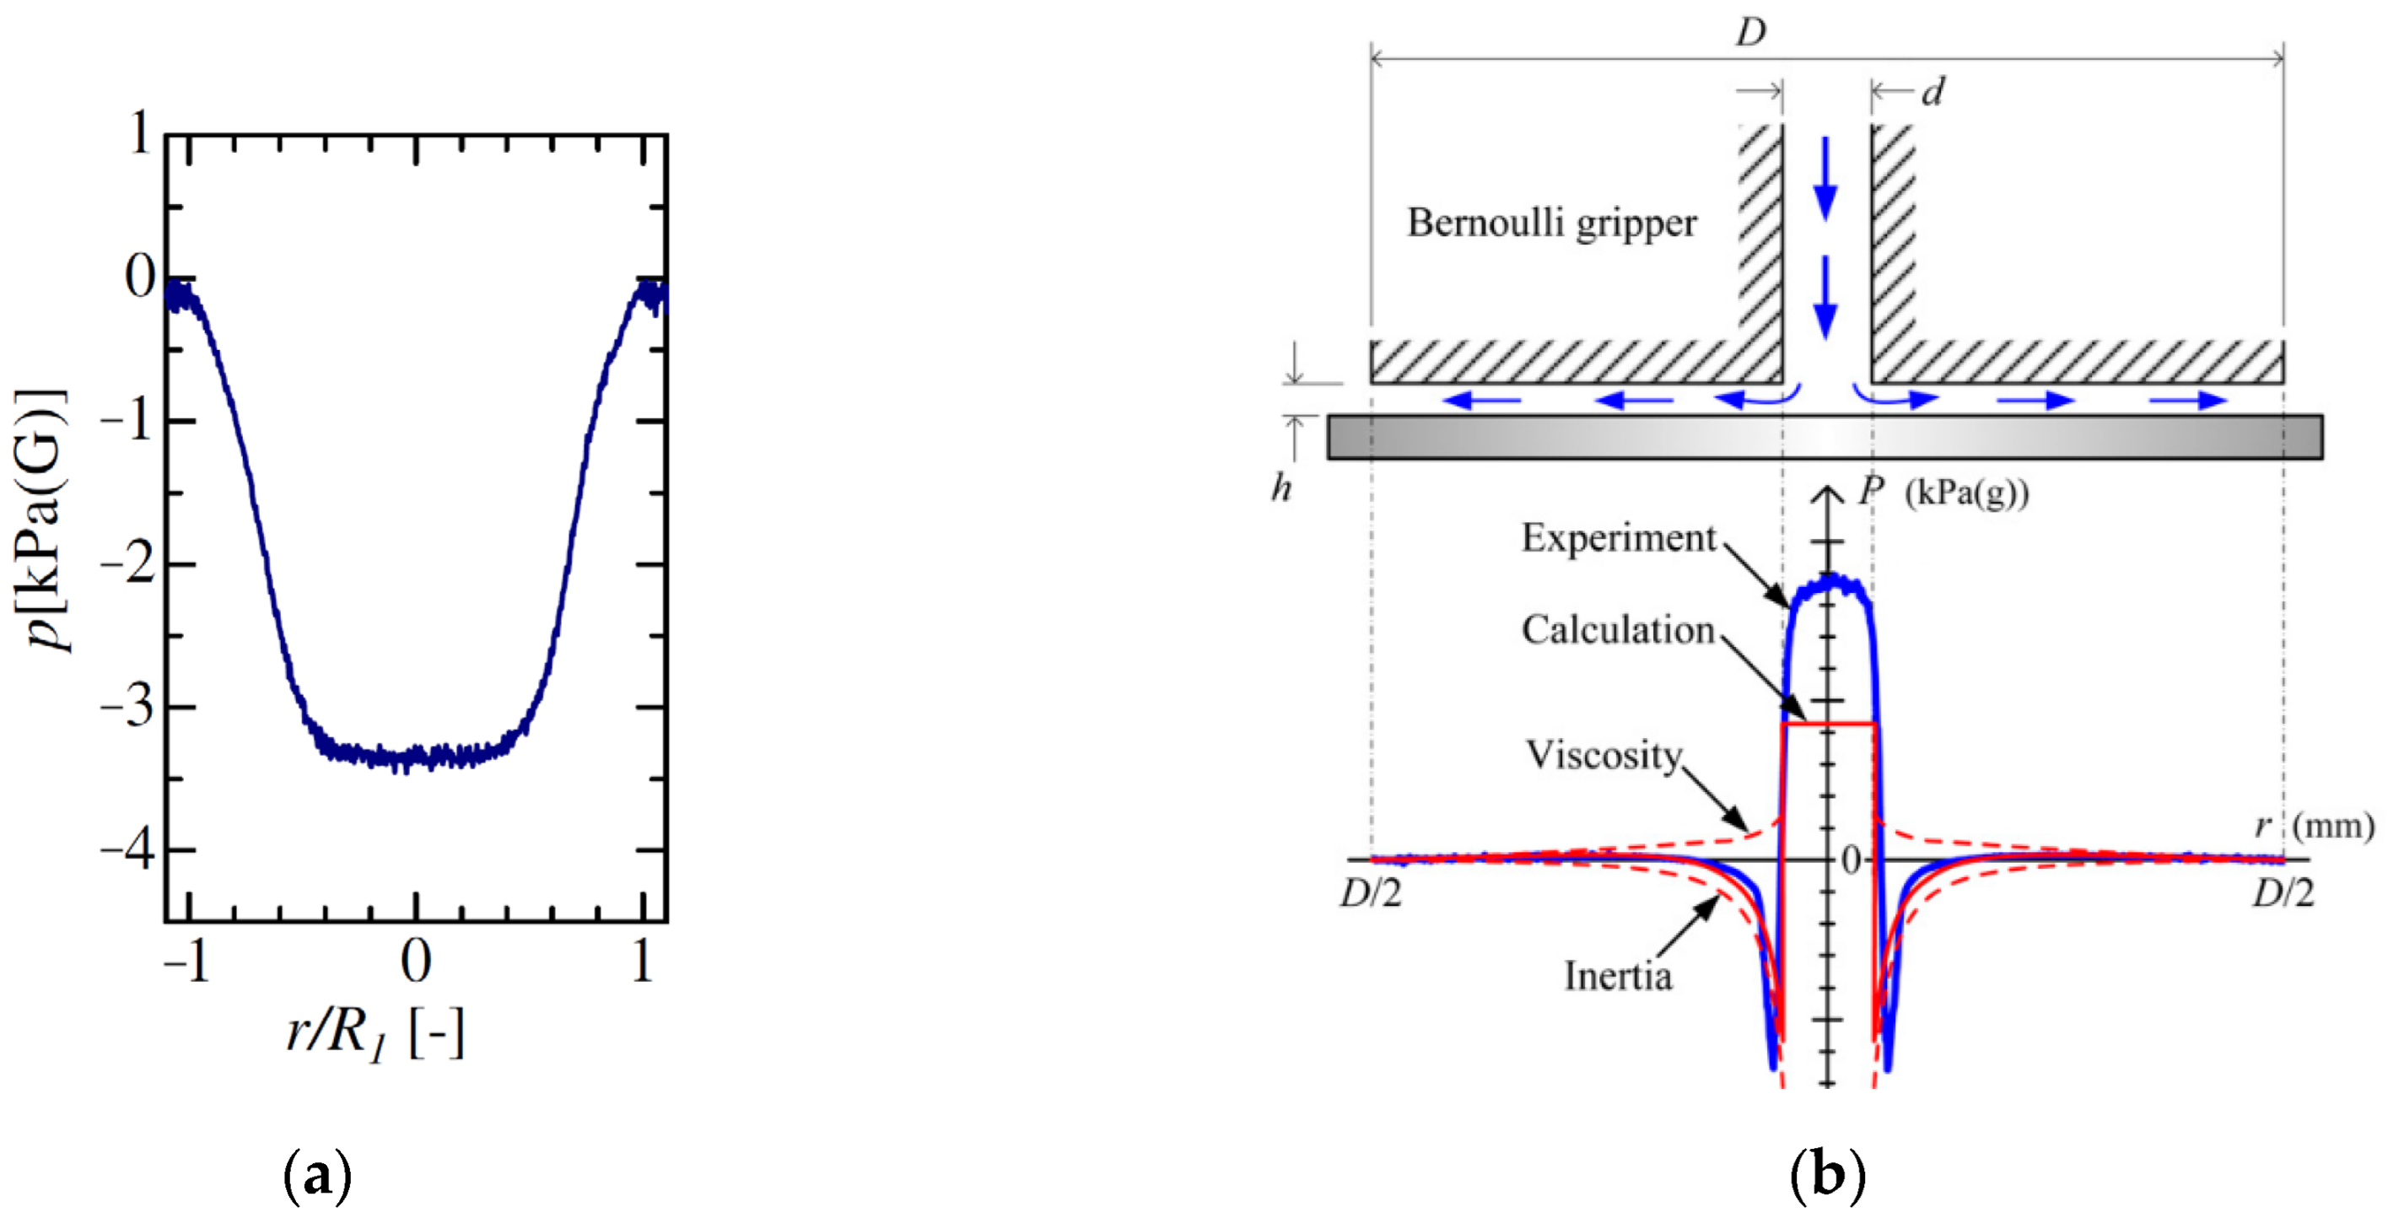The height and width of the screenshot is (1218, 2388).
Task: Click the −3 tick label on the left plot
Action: [x=128, y=707]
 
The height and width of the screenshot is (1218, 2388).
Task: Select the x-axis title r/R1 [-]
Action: [x=375, y=1031]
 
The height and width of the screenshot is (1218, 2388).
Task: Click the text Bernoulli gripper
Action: [x=1552, y=223]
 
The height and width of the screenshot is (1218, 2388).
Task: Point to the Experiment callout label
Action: [x=1619, y=537]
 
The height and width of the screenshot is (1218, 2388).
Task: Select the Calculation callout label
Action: [x=1618, y=629]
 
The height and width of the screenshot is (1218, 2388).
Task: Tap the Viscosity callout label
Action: [x=1604, y=755]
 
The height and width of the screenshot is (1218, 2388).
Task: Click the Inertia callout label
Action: [x=1619, y=976]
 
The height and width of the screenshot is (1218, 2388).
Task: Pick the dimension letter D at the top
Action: [x=1751, y=32]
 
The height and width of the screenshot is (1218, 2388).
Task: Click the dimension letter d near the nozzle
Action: [x=1933, y=92]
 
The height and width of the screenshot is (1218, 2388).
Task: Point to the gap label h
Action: [x=1281, y=487]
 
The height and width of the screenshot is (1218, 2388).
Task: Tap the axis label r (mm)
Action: [x=2314, y=824]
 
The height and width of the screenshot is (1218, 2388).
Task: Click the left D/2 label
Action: [x=1370, y=893]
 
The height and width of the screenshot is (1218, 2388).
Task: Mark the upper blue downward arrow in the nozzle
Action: [x=1825, y=179]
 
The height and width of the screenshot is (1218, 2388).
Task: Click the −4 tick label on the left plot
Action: [x=128, y=850]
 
